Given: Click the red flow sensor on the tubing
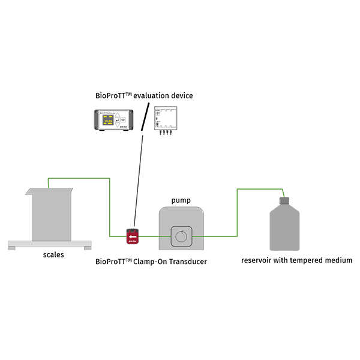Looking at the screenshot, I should tap(132, 236).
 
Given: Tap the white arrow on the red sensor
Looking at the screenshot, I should tap(131, 238).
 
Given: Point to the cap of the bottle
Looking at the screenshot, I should tap(285, 200).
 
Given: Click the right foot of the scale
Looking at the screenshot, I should tap(87, 248).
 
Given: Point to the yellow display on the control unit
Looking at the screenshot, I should tap(109, 122).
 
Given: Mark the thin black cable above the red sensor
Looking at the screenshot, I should tap(139, 180).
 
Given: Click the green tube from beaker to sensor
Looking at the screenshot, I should tap(110, 204).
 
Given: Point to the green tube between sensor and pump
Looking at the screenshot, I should tap(150, 236).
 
